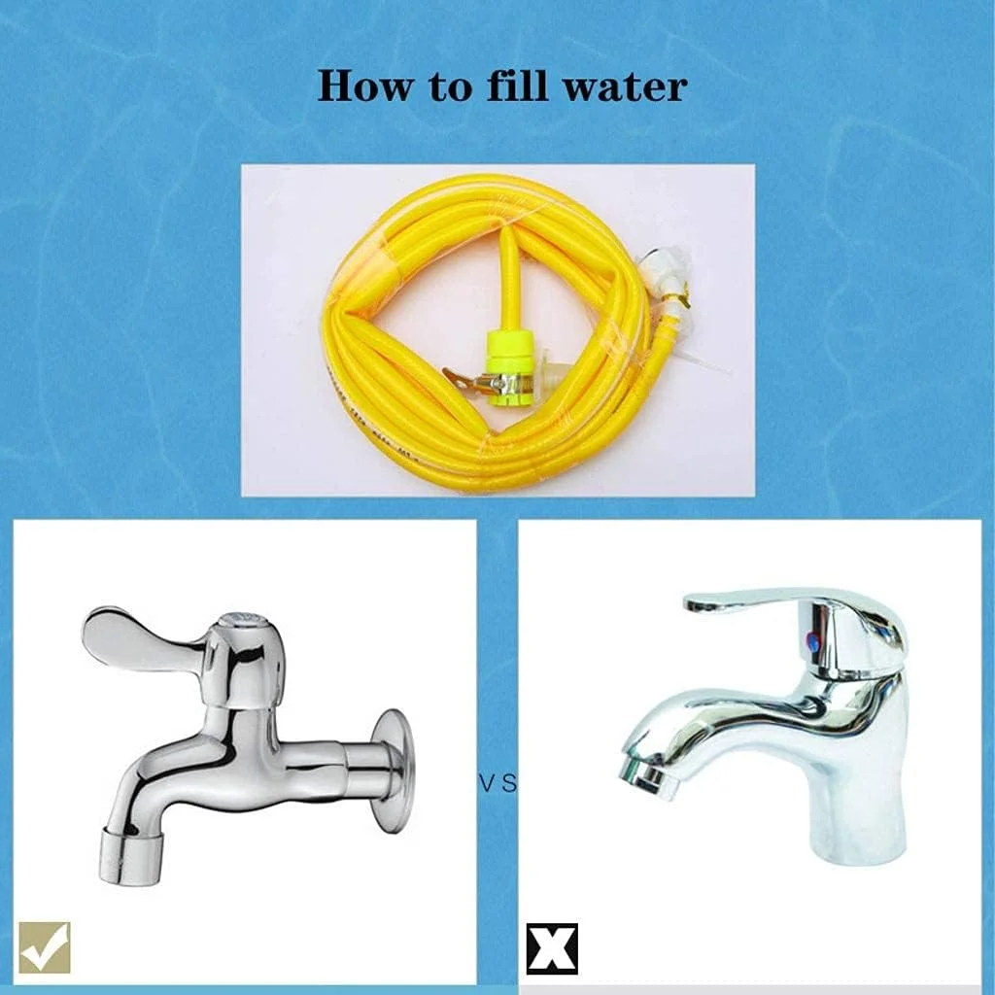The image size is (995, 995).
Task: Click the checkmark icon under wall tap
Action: pos(45,947)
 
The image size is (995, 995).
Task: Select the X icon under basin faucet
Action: pos(552,948)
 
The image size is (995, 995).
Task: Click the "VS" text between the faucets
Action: pos(497,781)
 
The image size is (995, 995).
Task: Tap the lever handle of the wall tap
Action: pos(136,636)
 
